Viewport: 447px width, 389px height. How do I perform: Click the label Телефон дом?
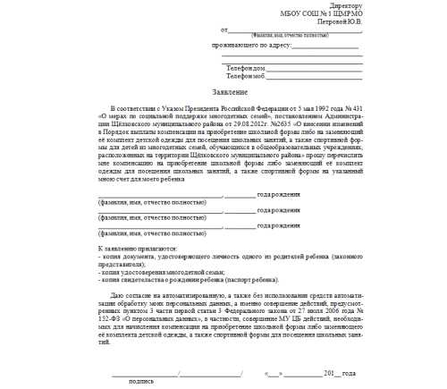point(246,68)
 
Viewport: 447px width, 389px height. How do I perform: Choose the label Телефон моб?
point(246,76)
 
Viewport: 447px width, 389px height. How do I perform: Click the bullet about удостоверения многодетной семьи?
point(156,269)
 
